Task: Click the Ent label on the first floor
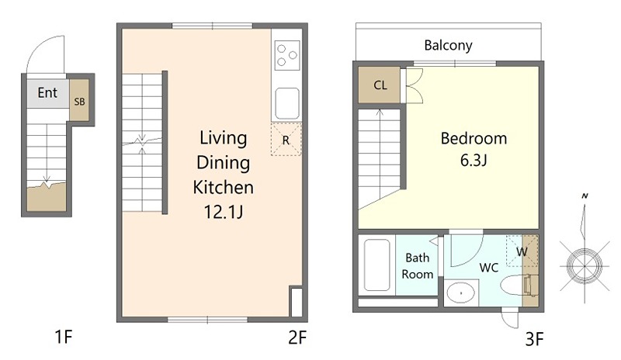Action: [47, 92]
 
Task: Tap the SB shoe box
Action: [79, 100]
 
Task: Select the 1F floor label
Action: [64, 337]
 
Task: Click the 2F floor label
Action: [297, 337]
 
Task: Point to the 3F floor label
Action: [534, 339]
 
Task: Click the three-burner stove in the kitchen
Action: [287, 55]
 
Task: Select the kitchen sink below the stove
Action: [287, 103]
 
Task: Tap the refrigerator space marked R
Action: [286, 140]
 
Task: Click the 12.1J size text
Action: [224, 212]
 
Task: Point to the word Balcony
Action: [449, 46]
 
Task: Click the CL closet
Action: [380, 85]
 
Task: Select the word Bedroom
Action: [474, 139]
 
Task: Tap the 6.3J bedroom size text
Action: [474, 161]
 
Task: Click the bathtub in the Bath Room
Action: [376, 265]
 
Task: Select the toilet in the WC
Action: [519, 286]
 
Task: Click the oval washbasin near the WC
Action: [461, 293]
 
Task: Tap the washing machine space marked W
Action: [522, 251]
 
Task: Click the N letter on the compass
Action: [585, 196]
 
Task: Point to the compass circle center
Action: [585, 266]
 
